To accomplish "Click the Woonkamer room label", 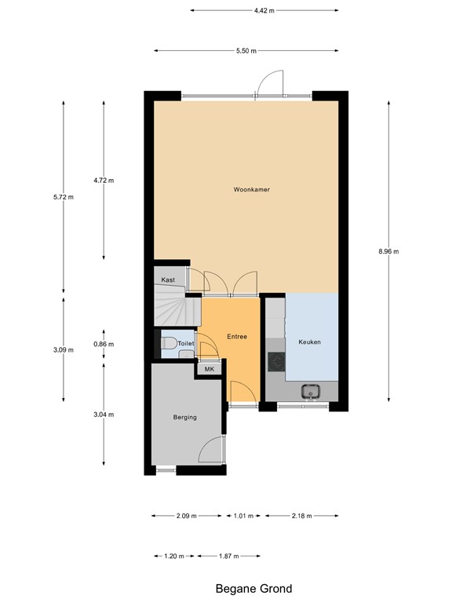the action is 252,189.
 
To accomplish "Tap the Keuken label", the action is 309,342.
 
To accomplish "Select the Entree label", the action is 237,337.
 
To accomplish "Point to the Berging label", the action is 185,417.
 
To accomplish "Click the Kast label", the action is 168,280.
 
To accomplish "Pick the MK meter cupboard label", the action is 210,369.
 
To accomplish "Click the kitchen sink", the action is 311,392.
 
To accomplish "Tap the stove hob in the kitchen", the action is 276,361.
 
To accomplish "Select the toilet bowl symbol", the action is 169,342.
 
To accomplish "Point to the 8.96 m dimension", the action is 388,251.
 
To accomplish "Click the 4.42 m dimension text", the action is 264,11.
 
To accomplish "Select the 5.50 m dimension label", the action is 246,51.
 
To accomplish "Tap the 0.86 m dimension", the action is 104,344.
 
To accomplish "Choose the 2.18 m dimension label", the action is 301,516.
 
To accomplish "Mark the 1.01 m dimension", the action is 244,516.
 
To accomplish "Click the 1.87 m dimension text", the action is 228,556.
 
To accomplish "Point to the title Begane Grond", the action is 253,589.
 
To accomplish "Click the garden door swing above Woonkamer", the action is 270,83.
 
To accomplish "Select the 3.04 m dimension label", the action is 104,415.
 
